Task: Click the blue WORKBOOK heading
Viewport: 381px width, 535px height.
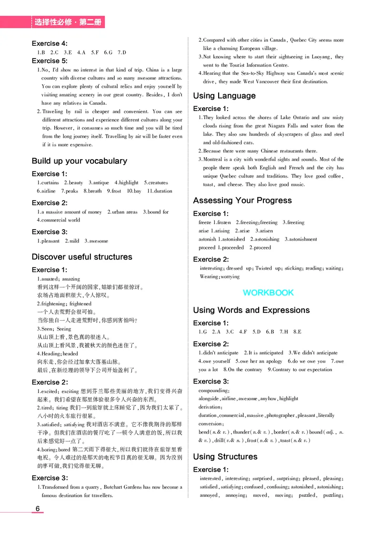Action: (x=268, y=293)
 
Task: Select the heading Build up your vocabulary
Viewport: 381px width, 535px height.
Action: (x=79, y=161)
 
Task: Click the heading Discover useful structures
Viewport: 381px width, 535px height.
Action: (x=82, y=257)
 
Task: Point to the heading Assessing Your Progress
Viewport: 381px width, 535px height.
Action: (x=242, y=200)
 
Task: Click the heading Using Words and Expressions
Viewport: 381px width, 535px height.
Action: (x=251, y=310)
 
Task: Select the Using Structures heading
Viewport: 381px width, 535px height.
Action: (x=225, y=456)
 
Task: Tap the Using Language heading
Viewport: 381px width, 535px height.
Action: (x=224, y=96)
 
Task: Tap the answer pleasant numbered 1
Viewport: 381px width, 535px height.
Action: (x=50, y=241)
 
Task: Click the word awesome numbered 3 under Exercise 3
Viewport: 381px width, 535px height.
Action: (x=99, y=241)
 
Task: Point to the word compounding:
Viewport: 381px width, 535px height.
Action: (x=214, y=390)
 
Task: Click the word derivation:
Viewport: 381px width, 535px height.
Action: (x=211, y=407)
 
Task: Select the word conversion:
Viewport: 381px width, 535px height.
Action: (x=211, y=424)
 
